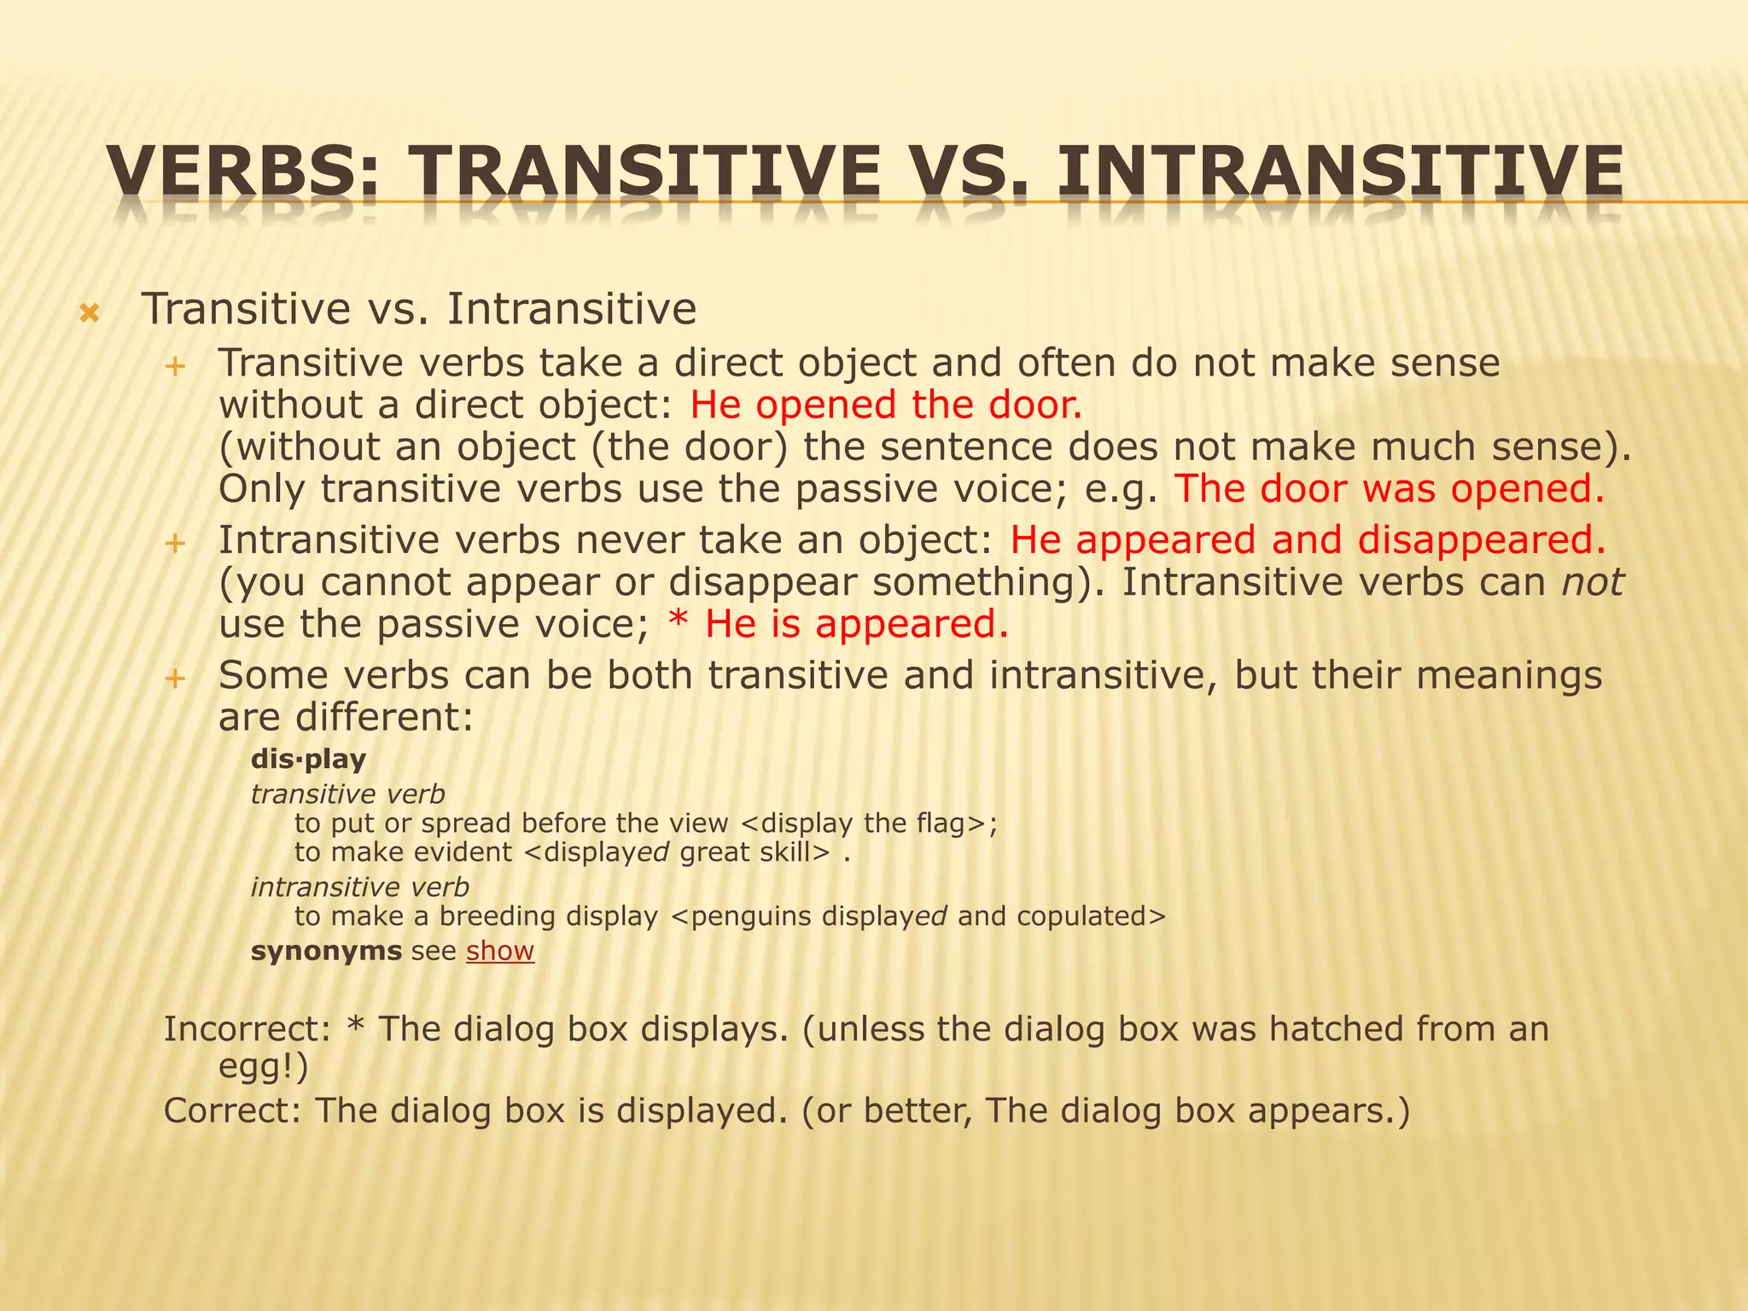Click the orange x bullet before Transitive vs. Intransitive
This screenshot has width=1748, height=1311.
[89, 314]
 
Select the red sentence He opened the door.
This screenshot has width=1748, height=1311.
[885, 405]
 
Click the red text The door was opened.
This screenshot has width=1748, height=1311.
[1389, 489]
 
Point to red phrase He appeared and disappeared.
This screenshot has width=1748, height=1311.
[1307, 540]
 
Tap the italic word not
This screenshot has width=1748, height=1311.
[1592, 583]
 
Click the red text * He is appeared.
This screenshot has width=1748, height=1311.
[837, 624]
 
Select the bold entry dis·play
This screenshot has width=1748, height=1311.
[308, 759]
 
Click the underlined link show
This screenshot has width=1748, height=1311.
[500, 951]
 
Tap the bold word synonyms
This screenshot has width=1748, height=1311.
[326, 951]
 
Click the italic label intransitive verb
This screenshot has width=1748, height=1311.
[359, 888]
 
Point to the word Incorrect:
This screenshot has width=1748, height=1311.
[247, 1029]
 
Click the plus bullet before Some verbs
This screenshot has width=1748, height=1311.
[175, 679]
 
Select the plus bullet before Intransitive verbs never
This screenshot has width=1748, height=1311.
[175, 543]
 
